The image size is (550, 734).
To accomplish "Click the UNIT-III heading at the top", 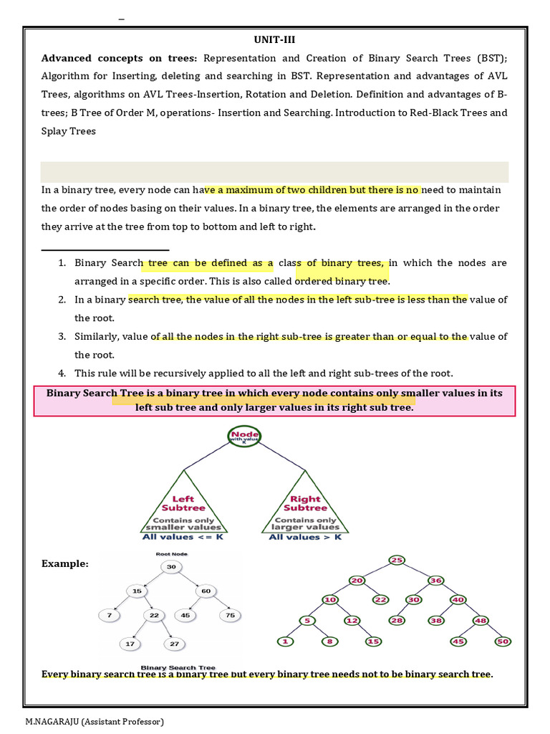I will coord(275,40).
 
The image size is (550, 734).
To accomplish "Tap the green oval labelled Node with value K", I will coord(245,436).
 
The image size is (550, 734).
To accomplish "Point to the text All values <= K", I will coord(183,536).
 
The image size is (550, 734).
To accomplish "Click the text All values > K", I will coord(305,536).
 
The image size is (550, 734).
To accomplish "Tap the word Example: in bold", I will coord(65,564).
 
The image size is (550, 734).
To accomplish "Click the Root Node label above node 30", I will coord(172,553).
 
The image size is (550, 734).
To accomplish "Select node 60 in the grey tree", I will coord(206,591).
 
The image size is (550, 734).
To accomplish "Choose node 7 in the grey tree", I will coord(108,615).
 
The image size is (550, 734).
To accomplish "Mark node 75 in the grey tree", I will coord(230,615).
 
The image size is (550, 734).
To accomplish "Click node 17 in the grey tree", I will coord(130,644).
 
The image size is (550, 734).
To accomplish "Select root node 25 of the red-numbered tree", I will coord(397,559).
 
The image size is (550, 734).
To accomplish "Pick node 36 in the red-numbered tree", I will coord(436,580).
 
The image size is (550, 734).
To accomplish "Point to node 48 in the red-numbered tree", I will coord(480,620).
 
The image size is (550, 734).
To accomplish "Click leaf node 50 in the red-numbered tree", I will coord(503,641).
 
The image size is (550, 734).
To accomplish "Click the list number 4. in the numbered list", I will coord(62,373).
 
